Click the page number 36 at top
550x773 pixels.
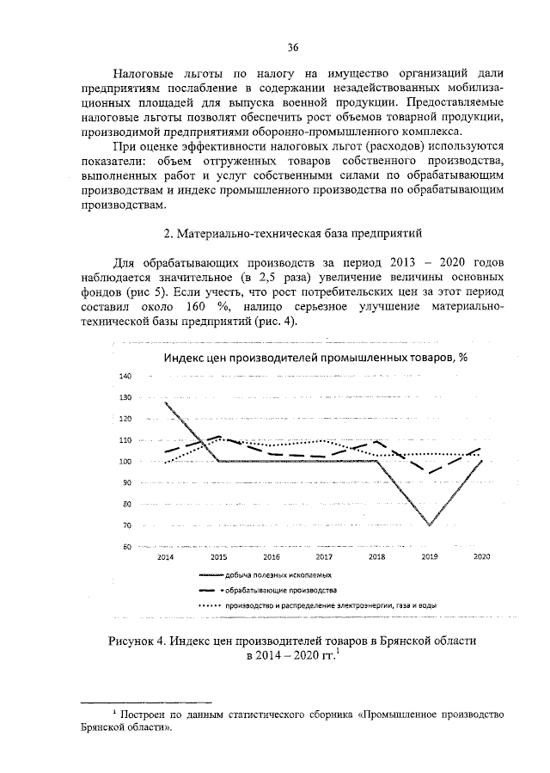click(x=292, y=46)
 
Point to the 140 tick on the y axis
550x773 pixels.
click(x=125, y=377)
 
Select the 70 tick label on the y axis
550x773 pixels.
click(x=125, y=525)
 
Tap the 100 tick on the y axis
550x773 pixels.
click(x=125, y=462)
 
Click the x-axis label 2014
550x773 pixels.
click(x=164, y=557)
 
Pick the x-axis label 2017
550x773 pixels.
click(x=323, y=557)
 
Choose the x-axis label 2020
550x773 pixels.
click(x=482, y=557)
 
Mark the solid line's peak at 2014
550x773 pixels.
click(x=165, y=403)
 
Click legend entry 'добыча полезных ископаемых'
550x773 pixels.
click(x=279, y=574)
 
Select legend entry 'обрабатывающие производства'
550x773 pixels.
click(x=279, y=591)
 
